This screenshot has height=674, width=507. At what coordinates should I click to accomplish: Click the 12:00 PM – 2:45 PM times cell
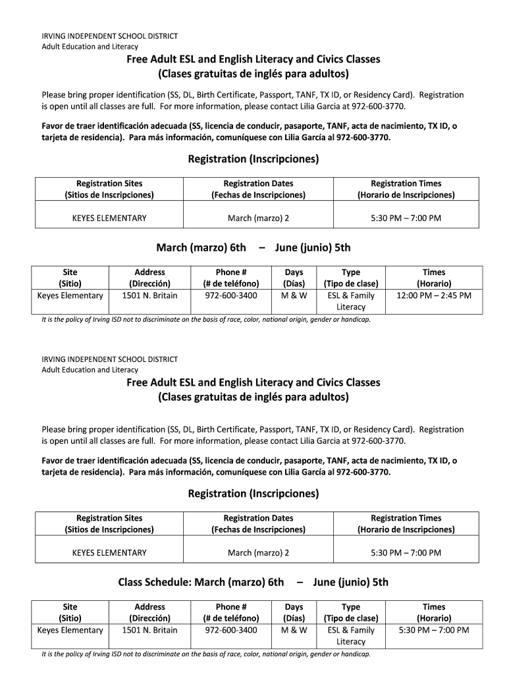point(434,296)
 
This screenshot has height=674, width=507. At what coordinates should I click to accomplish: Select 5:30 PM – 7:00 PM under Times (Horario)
point(434,630)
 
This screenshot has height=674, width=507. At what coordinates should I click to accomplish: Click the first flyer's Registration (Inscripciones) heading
point(254,159)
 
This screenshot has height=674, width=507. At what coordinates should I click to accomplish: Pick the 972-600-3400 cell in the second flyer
point(231,630)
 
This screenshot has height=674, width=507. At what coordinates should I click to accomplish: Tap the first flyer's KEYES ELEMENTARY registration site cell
point(109,218)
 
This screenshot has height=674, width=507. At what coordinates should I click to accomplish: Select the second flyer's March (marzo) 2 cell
point(258,552)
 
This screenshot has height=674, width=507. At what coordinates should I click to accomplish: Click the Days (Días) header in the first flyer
point(294,278)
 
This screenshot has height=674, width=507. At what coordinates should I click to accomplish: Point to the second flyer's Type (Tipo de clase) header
point(351,612)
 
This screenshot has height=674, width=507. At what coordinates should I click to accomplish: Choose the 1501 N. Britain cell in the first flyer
point(149,296)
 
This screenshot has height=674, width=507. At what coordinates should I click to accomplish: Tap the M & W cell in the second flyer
point(294,630)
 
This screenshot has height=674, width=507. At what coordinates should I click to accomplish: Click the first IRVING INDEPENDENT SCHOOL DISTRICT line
point(110,36)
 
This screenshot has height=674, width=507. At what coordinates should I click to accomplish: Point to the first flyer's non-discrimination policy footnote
point(205,319)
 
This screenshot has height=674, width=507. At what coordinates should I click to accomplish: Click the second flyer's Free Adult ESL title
point(254,382)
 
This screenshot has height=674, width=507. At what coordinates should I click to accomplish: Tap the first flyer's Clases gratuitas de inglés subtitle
point(254,72)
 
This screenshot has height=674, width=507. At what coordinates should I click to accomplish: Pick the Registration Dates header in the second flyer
point(258,523)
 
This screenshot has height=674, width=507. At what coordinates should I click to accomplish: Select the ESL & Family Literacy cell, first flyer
point(351,301)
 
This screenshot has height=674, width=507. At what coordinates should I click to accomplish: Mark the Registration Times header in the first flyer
point(406,189)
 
